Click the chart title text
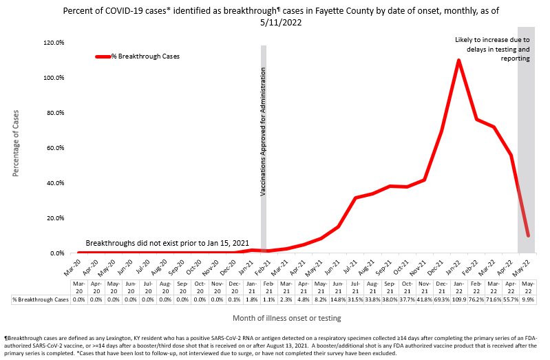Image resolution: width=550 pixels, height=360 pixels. click(x=275, y=17)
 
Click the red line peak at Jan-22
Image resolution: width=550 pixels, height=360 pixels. click(x=458, y=61)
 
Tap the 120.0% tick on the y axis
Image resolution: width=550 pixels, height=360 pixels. click(x=54, y=43)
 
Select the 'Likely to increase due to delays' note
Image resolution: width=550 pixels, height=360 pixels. click(x=491, y=50)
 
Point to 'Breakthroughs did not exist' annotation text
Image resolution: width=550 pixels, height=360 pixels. click(x=167, y=244)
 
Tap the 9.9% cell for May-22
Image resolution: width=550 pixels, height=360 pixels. click(x=527, y=299)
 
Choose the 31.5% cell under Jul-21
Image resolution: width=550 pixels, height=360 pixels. click(x=355, y=299)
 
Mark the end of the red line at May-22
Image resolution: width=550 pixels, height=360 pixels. click(x=527, y=235)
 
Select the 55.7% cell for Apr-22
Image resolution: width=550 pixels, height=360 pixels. click(x=510, y=299)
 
